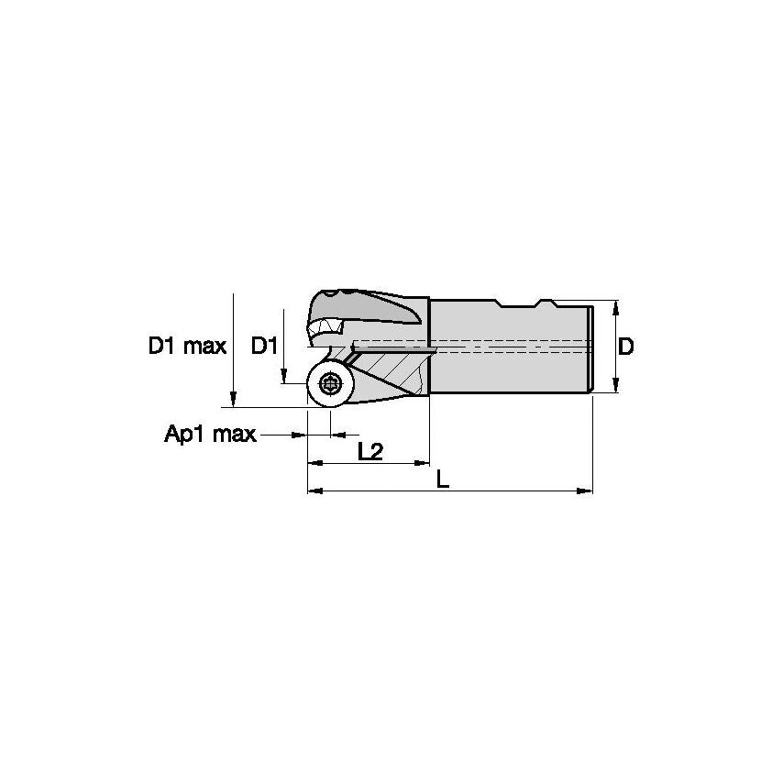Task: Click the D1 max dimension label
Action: (187, 347)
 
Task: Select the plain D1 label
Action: (264, 347)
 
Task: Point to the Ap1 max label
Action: (210, 434)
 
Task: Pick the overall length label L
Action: (443, 479)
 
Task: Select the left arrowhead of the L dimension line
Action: (313, 491)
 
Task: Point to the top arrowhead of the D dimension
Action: (616, 306)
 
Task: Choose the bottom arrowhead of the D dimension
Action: (616, 388)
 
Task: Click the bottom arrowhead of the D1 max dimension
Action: (234, 400)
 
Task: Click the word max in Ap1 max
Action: (236, 434)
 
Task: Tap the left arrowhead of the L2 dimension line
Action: (313, 463)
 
